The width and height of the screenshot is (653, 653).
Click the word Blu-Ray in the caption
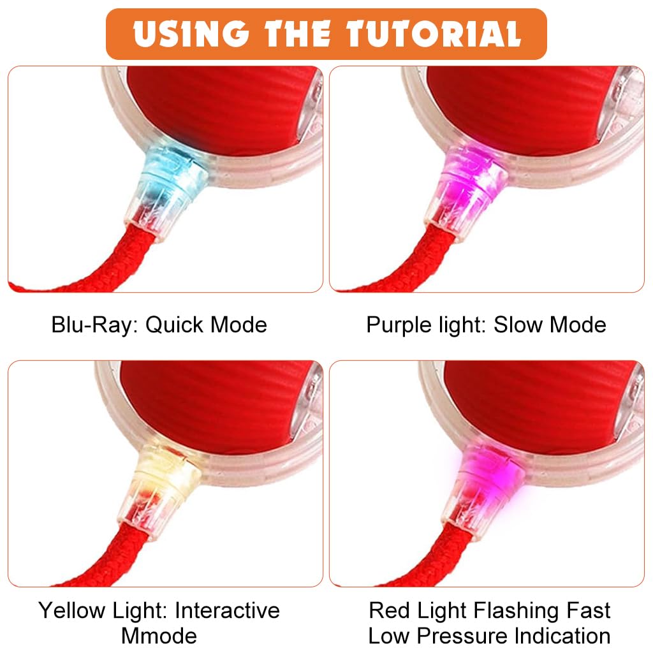[x=94, y=325]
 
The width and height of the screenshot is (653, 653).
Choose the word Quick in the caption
[x=175, y=325]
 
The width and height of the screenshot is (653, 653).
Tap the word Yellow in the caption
[x=73, y=610]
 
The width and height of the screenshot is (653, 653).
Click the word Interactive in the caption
[x=227, y=610]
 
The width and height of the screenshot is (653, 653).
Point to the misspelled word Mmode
[x=159, y=636]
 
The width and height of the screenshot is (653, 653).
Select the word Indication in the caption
[x=562, y=636]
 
